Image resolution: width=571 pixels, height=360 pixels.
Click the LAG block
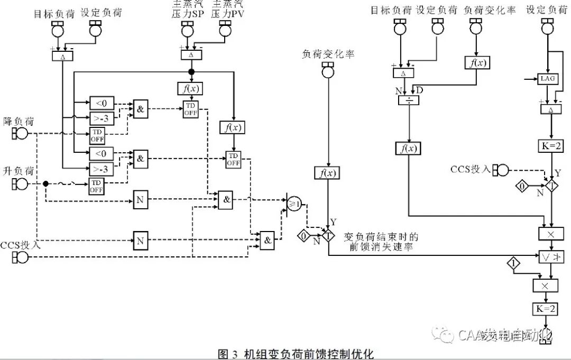point(547,79)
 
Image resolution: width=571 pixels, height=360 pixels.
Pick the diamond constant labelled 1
point(514,262)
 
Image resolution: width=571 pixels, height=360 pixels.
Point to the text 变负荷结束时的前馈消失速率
point(381,242)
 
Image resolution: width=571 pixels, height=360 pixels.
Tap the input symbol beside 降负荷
point(20,133)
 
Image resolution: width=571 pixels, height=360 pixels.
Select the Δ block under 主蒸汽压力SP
point(191,54)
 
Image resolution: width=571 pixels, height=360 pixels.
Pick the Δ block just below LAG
point(551,109)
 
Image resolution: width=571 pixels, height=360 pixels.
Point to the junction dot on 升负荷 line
point(45,183)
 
